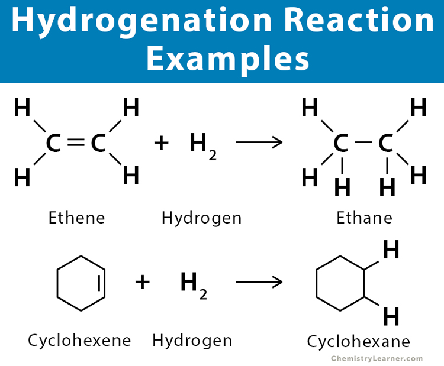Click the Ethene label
click(x=76, y=218)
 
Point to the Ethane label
click(x=364, y=218)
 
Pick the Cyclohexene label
click(x=79, y=341)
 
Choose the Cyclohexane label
click(x=358, y=342)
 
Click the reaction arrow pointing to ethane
click(x=258, y=143)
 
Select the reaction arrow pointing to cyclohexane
click(x=258, y=281)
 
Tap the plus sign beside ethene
click(x=161, y=143)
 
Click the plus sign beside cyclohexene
click(x=143, y=281)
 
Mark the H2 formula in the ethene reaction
click(x=202, y=145)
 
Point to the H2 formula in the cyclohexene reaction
click(x=194, y=284)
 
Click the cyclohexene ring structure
click(x=81, y=283)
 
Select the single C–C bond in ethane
click(x=363, y=143)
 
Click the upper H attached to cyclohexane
click(x=391, y=251)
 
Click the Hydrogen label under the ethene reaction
click(x=201, y=218)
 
